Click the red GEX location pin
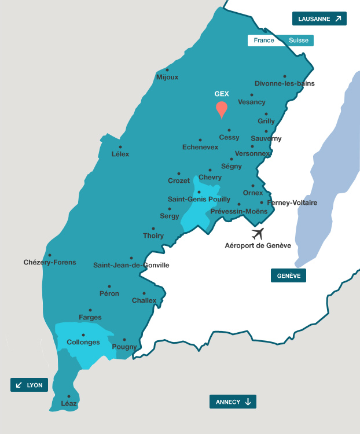(x=221, y=109)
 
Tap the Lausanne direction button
(x=319, y=19)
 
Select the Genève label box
(x=288, y=275)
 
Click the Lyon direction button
(x=29, y=385)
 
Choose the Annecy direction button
(x=233, y=402)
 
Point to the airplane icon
(x=258, y=234)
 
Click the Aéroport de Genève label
(x=258, y=245)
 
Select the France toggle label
(x=264, y=41)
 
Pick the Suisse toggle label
(x=299, y=41)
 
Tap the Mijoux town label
(x=167, y=77)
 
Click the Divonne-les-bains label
(x=285, y=83)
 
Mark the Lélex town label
(x=120, y=154)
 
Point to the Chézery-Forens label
(x=50, y=262)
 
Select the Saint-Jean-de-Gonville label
(x=131, y=265)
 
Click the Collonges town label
(x=83, y=342)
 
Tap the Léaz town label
(x=69, y=403)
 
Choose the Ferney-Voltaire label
(x=292, y=203)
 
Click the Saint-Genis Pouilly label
(x=199, y=199)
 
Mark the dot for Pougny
(x=124, y=340)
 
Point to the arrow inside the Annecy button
(x=248, y=402)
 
